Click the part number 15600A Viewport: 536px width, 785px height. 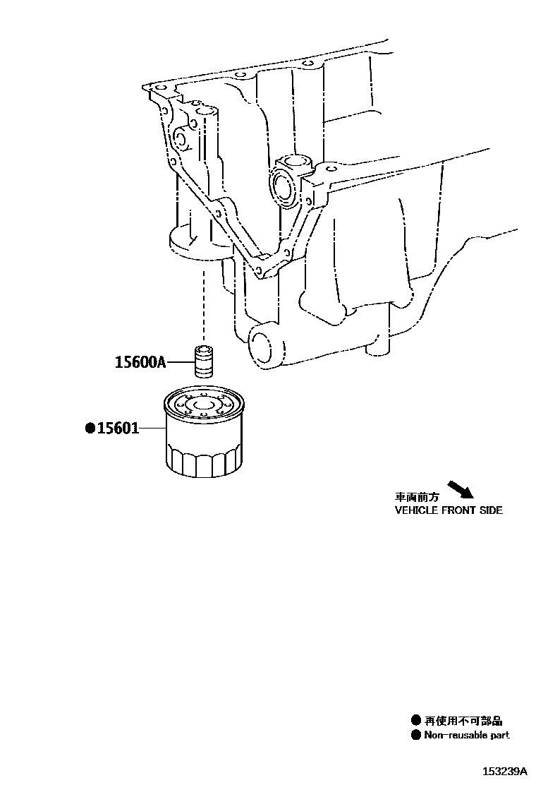click(140, 363)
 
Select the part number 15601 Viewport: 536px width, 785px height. click(118, 428)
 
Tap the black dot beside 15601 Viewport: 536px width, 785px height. click(90, 428)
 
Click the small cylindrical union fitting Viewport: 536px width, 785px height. click(205, 361)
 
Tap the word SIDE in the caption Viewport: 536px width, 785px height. click(492, 510)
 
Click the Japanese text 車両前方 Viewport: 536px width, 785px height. click(417, 497)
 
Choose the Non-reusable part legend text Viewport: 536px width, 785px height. click(466, 735)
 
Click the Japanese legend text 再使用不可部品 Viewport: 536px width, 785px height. click(463, 721)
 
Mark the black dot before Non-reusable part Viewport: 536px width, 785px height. click(416, 735)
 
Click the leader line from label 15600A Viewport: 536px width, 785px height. click(179, 363)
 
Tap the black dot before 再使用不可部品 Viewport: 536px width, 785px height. click(416, 721)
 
